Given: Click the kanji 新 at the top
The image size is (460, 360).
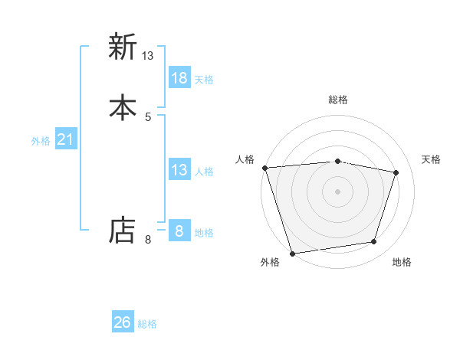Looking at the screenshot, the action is [x=122, y=47].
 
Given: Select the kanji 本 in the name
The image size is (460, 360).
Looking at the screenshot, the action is [x=122, y=107].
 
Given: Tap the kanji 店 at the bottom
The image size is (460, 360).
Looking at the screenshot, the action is [x=122, y=231].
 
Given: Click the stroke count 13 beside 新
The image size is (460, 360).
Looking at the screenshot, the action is [x=148, y=56].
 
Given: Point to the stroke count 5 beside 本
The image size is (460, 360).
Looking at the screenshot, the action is [x=148, y=116].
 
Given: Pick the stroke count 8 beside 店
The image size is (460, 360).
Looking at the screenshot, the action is [x=148, y=240].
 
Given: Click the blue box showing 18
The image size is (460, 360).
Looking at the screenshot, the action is [x=179, y=78].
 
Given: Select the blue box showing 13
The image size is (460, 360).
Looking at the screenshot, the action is [x=179, y=170].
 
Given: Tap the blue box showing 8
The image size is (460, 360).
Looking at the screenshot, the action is [x=179, y=231].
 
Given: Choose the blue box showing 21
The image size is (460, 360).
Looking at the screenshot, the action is [x=66, y=139].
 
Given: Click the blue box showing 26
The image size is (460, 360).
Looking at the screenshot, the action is [x=123, y=322].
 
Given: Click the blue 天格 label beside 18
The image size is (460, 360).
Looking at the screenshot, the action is [x=204, y=80].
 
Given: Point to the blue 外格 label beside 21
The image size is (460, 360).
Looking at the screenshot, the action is [x=41, y=141].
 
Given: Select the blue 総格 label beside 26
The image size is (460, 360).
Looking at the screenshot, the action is [x=147, y=324].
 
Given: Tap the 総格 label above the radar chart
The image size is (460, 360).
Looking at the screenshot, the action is [x=338, y=100].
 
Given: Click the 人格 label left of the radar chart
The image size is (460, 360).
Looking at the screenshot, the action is [x=245, y=159].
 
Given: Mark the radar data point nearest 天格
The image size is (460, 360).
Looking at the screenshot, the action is [x=396, y=172].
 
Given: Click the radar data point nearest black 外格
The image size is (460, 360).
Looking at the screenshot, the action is [x=292, y=253].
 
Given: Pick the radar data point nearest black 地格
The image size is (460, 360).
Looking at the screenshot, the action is [x=374, y=242].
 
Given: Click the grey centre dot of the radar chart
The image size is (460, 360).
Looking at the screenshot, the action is [x=337, y=191].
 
